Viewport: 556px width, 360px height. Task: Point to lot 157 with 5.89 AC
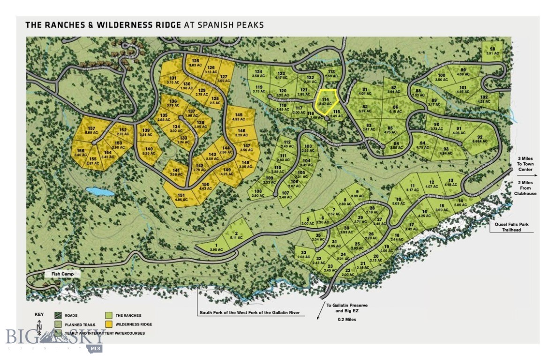90,131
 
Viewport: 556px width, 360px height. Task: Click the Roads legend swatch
59,315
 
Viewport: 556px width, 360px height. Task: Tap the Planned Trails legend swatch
59,324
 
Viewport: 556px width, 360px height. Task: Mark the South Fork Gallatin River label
249,312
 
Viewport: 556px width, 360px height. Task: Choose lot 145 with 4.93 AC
239,117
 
